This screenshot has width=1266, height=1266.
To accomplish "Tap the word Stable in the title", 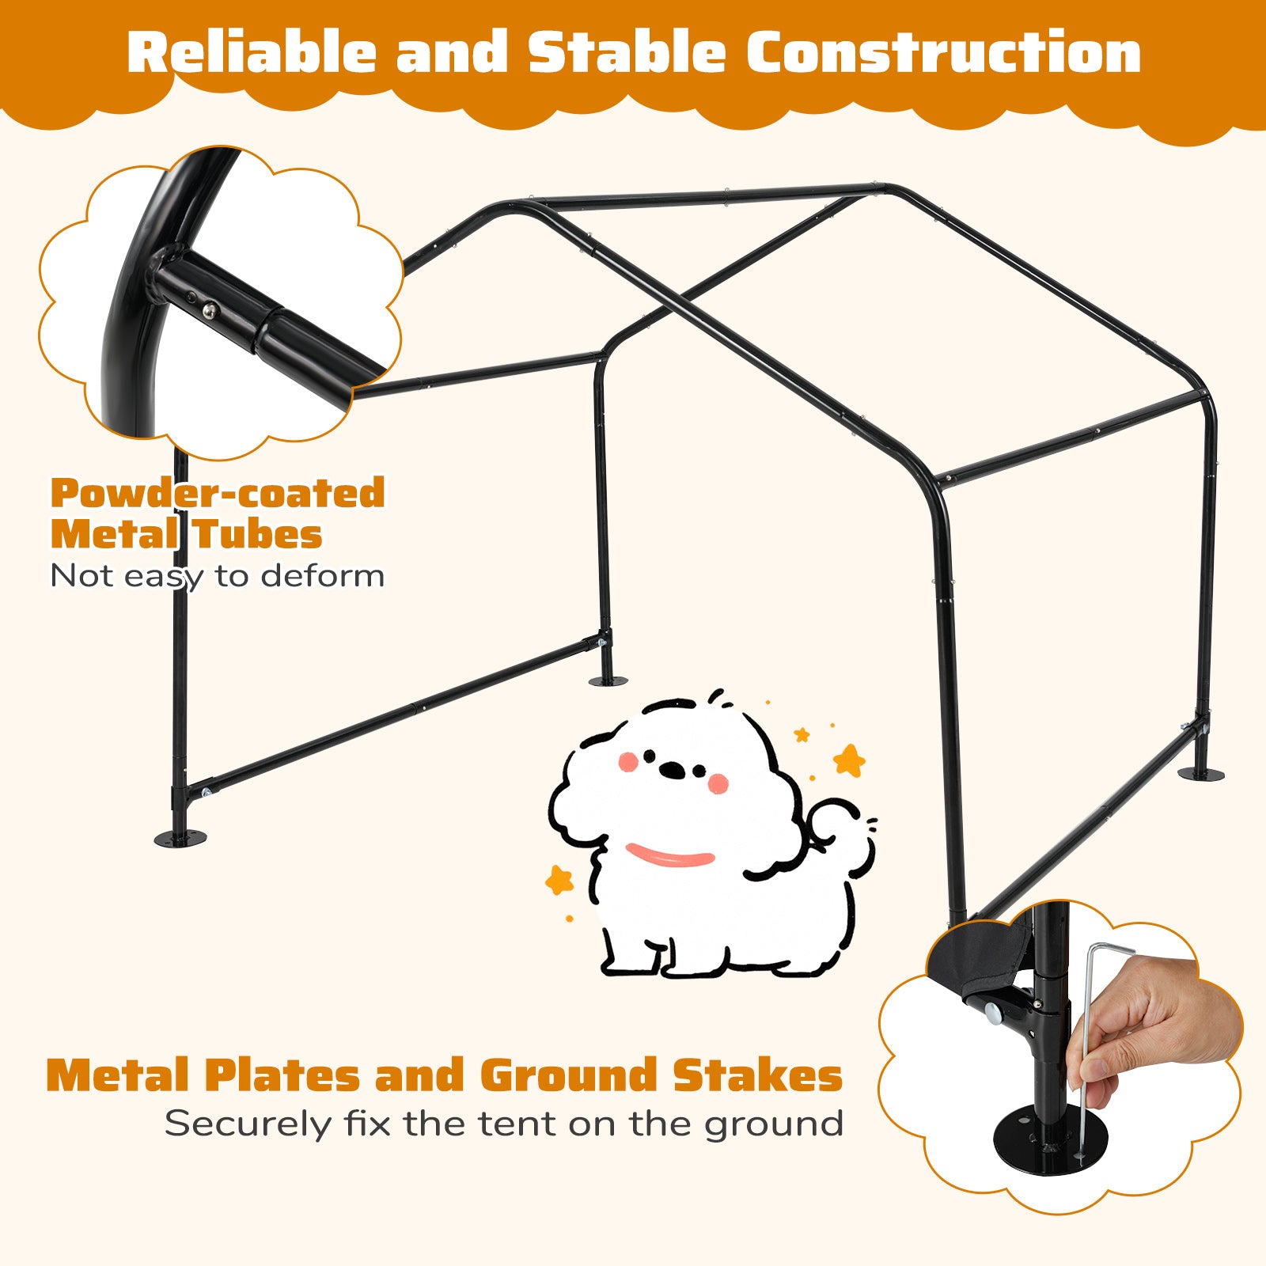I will tap(627, 54).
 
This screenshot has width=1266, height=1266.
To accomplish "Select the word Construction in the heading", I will tap(943, 54).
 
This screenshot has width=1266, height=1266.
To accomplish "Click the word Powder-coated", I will tap(218, 494).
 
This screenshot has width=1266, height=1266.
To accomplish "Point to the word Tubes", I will tap(257, 535).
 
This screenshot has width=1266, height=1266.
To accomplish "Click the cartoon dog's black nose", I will tap(673, 769).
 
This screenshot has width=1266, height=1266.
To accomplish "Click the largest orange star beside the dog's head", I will tap(850, 760).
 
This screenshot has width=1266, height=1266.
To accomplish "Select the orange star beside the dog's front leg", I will tap(560, 879).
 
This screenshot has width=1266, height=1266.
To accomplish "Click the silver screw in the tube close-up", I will tap(208, 310).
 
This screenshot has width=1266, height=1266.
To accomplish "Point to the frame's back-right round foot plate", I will tap(1200, 773).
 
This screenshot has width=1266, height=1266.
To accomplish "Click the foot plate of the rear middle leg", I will tap(608, 680).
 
